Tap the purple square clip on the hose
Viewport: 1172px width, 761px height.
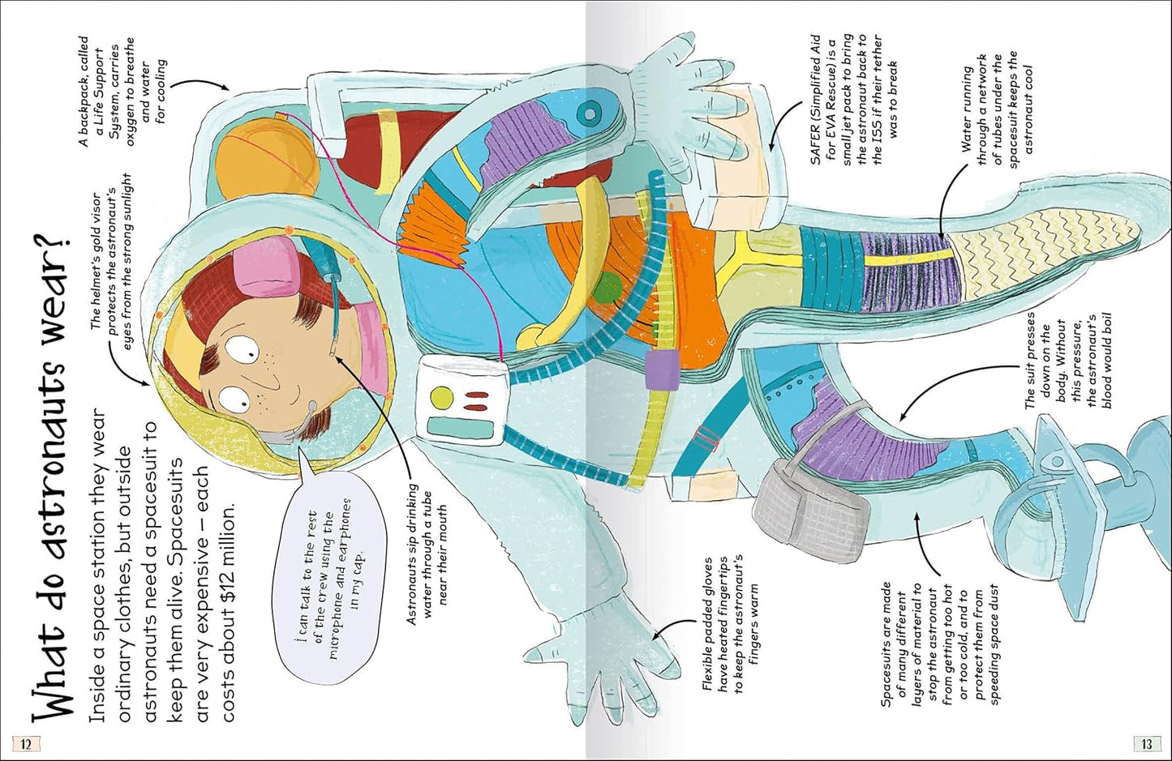coord(660,370)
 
